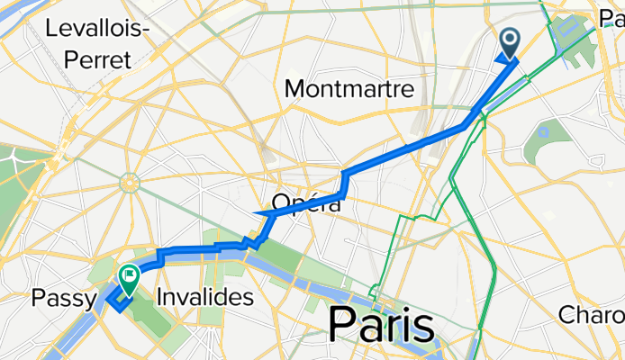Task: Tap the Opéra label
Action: tap(307, 203)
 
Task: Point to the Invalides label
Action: tap(203, 296)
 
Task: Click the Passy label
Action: tap(59, 296)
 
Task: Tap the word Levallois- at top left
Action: tap(97, 29)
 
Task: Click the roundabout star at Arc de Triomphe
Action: tap(130, 183)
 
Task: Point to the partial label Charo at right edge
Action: tap(592, 315)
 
